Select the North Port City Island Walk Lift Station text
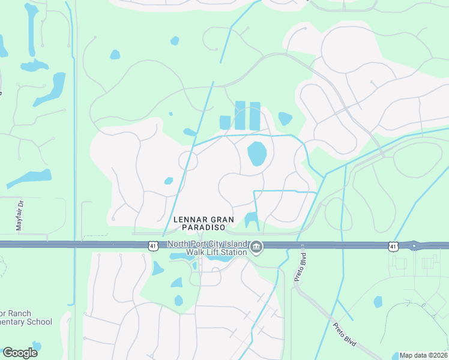(207, 248)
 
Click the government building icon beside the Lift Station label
(256, 247)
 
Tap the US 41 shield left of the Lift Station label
(154, 245)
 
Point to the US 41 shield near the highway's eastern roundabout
(393, 246)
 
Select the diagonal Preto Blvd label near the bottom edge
(345, 334)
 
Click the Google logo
(20, 352)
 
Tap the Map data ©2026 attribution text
(424, 355)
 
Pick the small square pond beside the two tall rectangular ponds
(225, 122)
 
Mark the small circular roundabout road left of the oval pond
(188, 161)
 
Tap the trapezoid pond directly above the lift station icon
(251, 220)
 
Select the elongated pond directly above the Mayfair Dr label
(29, 178)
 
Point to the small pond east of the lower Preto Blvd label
(378, 302)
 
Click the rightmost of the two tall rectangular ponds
(255, 116)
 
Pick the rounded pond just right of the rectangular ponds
(285, 118)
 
